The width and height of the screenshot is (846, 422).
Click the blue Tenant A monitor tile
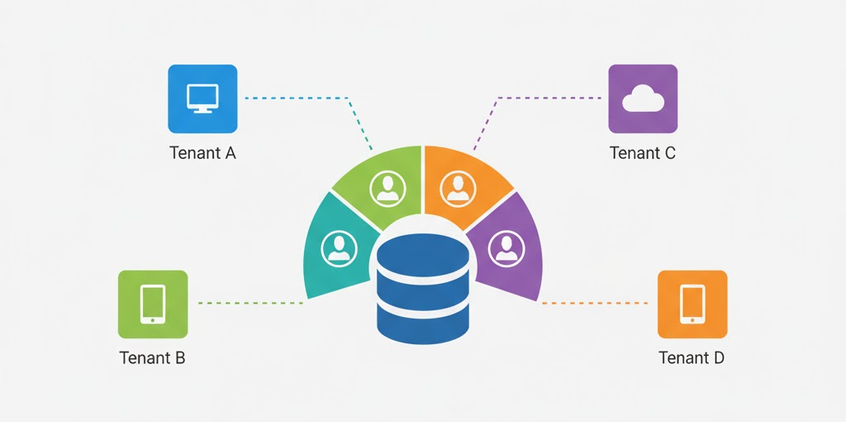[202, 98]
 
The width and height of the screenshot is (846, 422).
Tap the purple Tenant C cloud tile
[643, 98]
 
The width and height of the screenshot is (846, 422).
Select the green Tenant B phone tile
[153, 304]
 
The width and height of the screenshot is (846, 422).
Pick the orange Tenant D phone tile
[692, 304]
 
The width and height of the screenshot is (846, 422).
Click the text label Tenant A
[202, 153]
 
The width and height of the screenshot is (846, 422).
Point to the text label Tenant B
[153, 358]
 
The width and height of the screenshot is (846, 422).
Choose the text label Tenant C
[643, 153]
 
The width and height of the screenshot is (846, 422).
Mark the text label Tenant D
[692, 358]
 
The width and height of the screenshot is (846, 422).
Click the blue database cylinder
[423, 290]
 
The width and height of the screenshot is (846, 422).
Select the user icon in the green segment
[386, 189]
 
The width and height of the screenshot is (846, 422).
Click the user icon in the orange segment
[457, 189]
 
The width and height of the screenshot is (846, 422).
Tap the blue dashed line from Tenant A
[297, 98]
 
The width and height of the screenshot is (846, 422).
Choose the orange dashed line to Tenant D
[595, 304]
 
